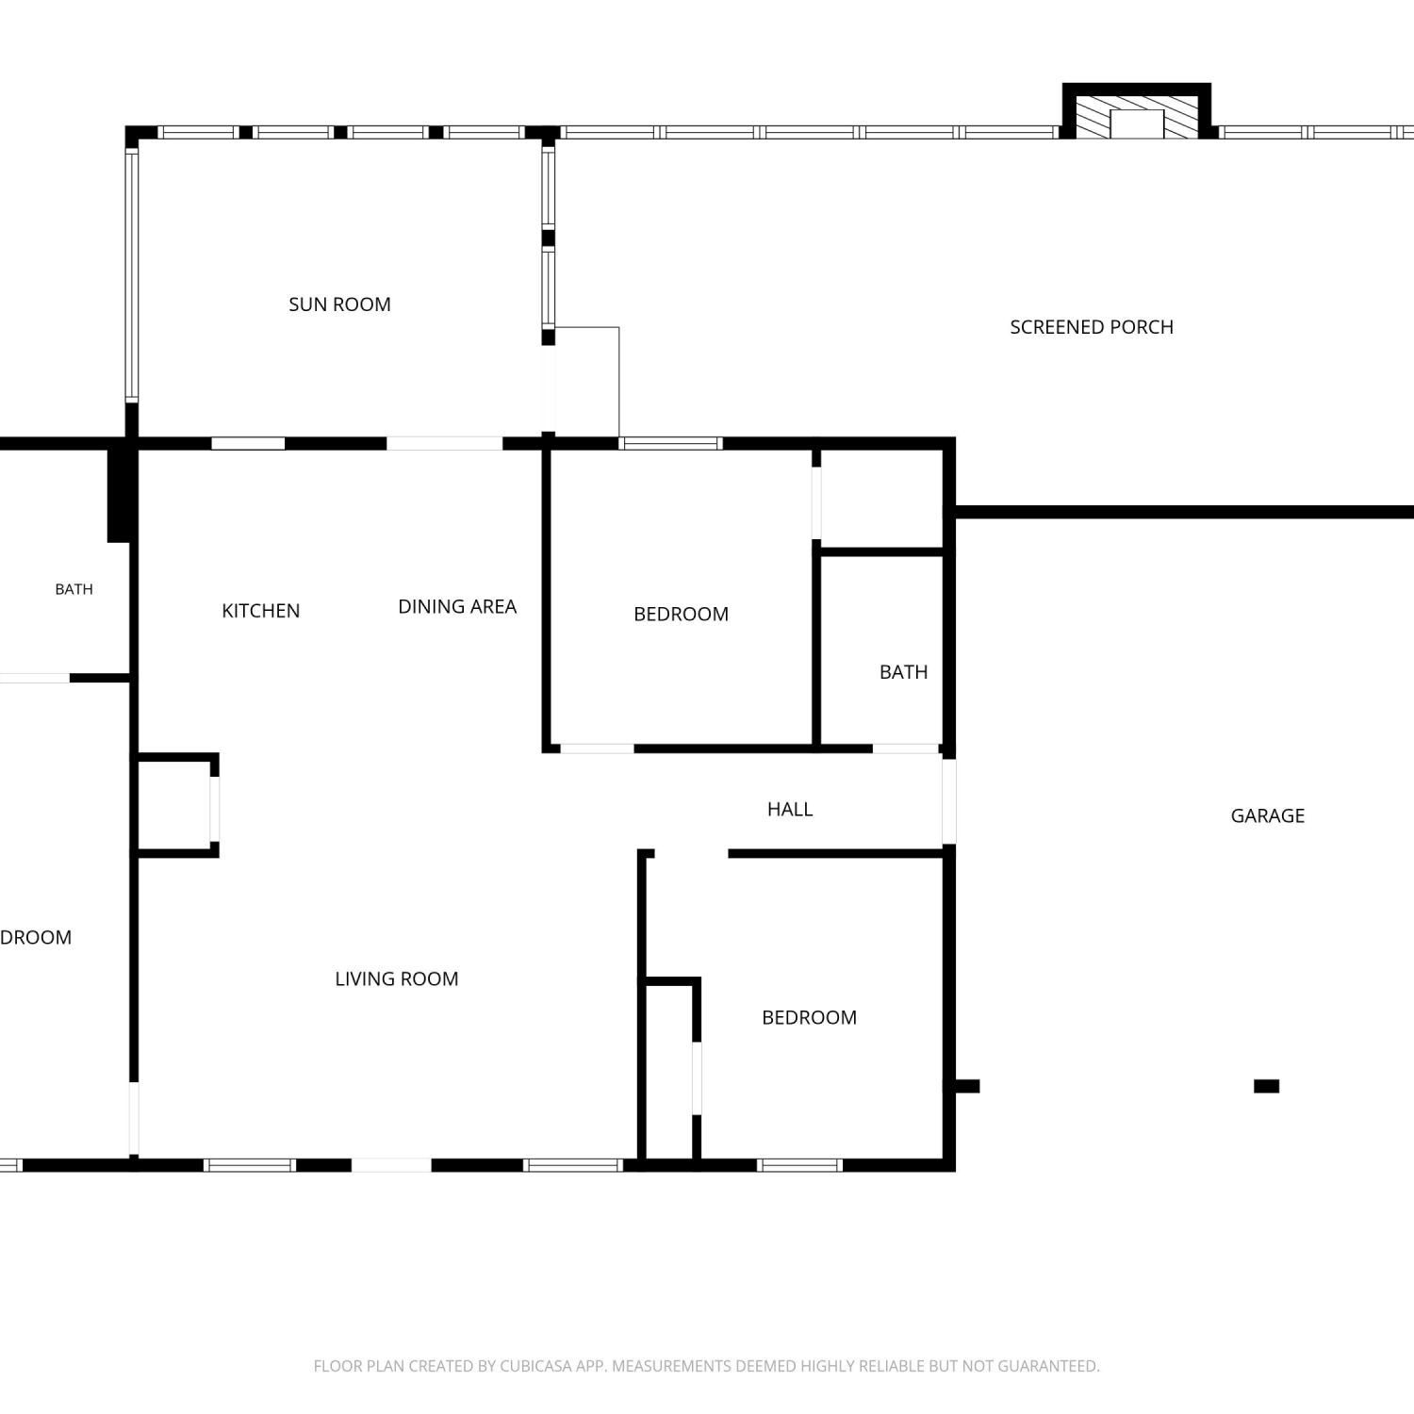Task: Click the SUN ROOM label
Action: point(339,304)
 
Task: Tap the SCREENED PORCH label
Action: point(1092,327)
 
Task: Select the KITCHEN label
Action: point(261,611)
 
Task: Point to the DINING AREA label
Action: point(457,606)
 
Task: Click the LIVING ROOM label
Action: point(397,978)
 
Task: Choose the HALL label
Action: point(790,809)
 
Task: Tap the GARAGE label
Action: point(1268,815)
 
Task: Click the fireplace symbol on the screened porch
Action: point(1137,111)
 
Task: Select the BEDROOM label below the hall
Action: point(810,1017)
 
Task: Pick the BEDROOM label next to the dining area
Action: point(682,614)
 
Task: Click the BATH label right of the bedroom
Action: point(904,672)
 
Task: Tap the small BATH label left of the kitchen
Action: point(74,589)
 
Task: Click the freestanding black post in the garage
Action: point(1267,1086)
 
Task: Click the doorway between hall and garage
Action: point(949,801)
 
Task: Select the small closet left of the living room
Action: point(175,805)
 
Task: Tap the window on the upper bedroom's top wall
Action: point(671,443)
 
